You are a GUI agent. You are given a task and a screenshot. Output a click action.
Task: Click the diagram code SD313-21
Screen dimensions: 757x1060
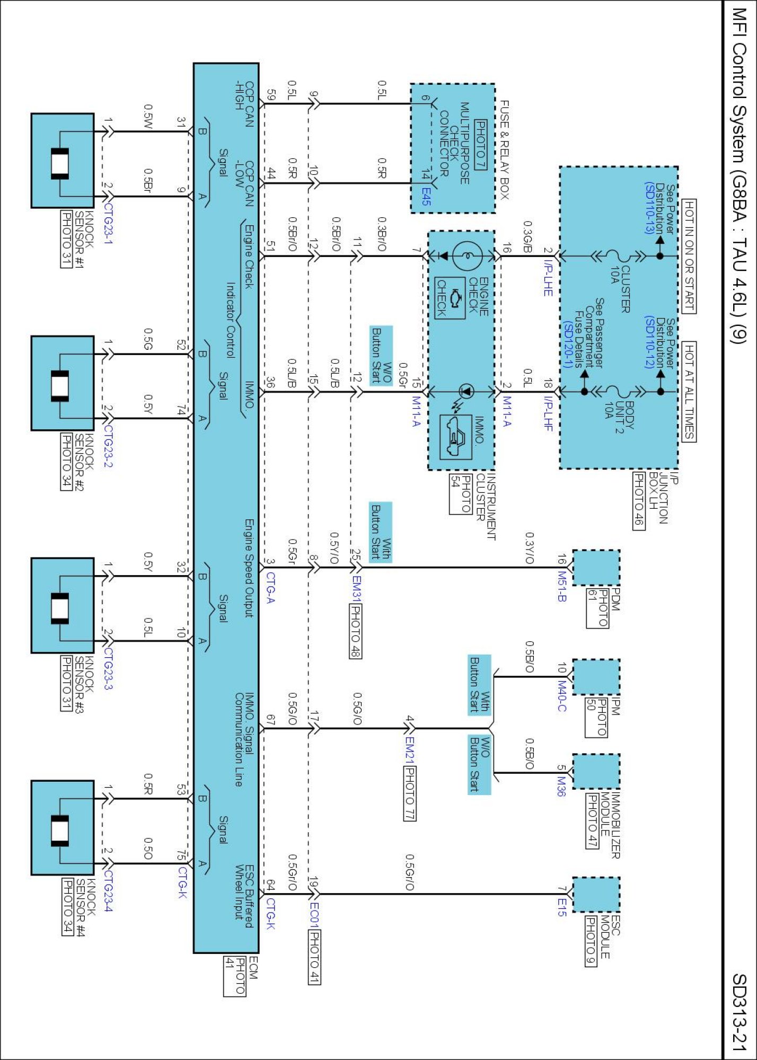click(739, 1013)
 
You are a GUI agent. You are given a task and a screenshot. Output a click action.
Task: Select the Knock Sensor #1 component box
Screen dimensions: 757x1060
click(63, 161)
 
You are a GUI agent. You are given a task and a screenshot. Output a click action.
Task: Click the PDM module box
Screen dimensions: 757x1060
click(596, 568)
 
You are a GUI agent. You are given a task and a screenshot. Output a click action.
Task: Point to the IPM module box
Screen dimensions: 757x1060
click(596, 677)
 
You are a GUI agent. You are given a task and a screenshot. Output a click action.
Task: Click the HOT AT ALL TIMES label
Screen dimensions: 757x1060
click(689, 392)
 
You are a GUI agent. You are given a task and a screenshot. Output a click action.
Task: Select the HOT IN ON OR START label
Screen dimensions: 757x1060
click(689, 256)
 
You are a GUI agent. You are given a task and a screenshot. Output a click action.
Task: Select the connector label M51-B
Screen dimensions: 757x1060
click(562, 587)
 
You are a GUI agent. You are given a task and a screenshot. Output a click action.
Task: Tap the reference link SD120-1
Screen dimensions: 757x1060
click(566, 344)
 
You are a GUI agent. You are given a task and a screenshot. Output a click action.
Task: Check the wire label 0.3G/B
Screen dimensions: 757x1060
click(527, 237)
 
